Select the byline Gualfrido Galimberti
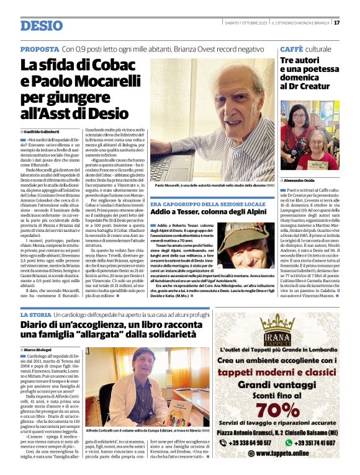tap(45, 132)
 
